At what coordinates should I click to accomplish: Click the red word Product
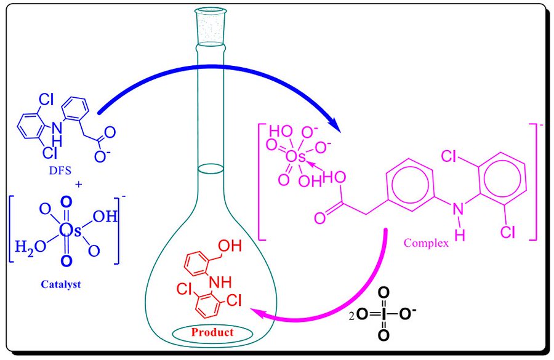212,333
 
